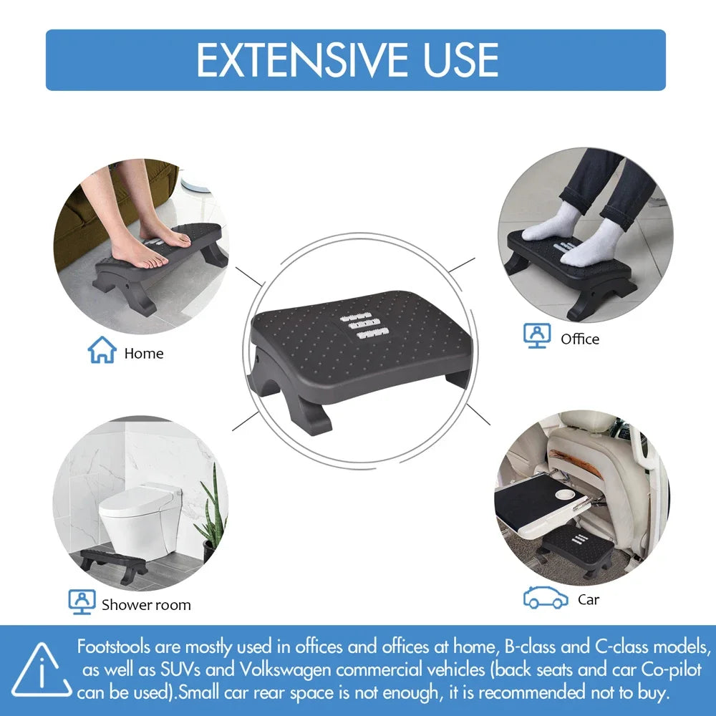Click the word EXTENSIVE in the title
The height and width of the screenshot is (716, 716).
coord(304,60)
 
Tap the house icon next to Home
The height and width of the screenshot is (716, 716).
coord(102,350)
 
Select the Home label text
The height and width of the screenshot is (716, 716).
coord(144,353)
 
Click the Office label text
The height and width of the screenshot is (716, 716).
coord(580,339)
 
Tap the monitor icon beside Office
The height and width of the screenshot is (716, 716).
coord(537,335)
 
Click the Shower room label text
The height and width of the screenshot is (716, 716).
coord(146,604)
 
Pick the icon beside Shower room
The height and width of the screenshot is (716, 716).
coord(81,602)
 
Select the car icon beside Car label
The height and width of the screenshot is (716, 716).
coord(546,597)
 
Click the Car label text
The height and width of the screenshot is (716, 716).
coord(589,599)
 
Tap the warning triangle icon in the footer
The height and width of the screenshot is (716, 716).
coord(42,672)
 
